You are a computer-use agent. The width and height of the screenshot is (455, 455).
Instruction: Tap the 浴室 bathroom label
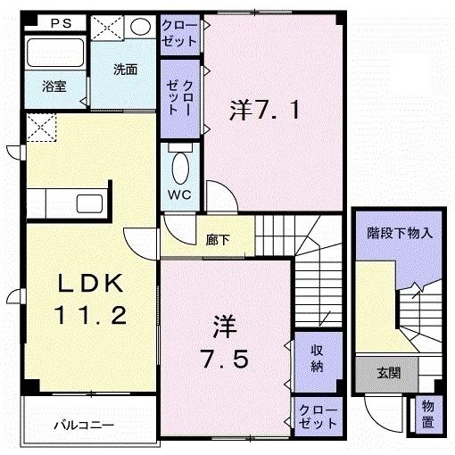click(53, 87)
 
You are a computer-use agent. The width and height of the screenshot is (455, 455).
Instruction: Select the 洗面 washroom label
click(124, 70)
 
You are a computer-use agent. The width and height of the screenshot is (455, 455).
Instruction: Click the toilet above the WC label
click(180, 165)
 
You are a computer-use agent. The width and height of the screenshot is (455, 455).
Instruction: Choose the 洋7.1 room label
click(270, 112)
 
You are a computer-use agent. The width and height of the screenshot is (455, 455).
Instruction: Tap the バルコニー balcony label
click(82, 425)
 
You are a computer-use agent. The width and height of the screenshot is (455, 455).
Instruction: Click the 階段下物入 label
click(400, 234)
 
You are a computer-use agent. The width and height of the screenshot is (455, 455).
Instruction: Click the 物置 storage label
click(428, 413)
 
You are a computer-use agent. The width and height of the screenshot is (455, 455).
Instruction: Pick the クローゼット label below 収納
click(318, 414)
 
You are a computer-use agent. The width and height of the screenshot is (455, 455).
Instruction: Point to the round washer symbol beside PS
click(141, 28)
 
